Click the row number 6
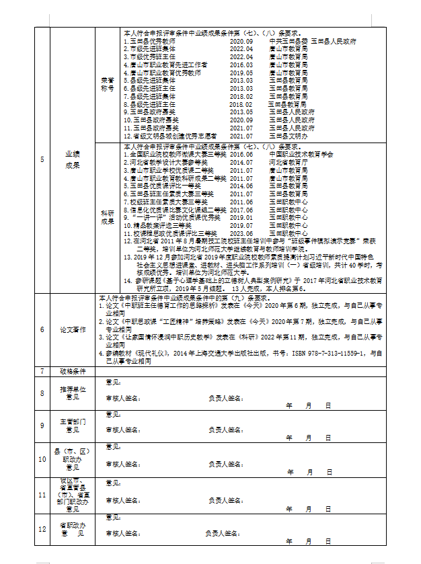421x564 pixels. [42, 329]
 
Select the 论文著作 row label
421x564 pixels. [72, 329]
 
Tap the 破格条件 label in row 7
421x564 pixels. [72, 371]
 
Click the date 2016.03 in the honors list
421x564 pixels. [241, 65]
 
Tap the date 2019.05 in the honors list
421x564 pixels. [241, 73]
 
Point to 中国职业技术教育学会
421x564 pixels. [301, 154]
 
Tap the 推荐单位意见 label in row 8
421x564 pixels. [72, 393]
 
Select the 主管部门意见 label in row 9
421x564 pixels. [72, 426]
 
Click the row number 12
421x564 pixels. [42, 529]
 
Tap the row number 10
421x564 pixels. [42, 459]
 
